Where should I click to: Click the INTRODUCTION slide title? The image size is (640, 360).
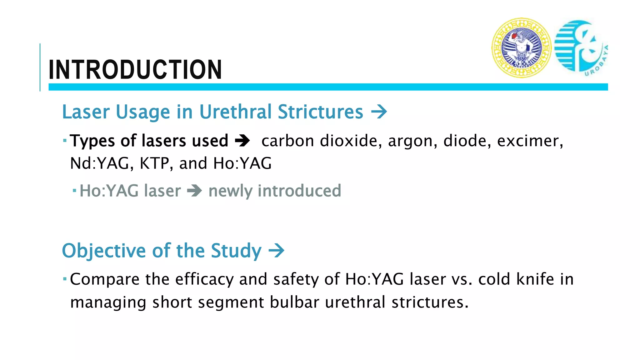click(135, 69)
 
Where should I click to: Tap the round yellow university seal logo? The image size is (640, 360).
click(521, 48)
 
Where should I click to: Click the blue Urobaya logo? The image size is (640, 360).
click(581, 48)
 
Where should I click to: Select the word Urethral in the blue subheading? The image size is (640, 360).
click(235, 112)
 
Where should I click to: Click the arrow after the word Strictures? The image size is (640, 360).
click(379, 112)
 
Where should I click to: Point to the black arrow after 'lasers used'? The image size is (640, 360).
click(242, 141)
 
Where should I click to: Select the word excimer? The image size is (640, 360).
click(530, 141)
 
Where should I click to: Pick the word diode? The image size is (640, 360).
click(465, 141)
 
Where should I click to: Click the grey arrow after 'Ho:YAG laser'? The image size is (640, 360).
click(195, 191)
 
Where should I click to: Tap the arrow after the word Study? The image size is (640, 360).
click(277, 251)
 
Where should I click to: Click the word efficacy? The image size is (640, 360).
click(204, 279)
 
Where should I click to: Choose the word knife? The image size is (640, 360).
click(535, 279)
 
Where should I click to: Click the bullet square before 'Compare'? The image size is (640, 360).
click(65, 278)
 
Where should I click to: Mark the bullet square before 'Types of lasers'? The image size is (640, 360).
click(65, 140)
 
